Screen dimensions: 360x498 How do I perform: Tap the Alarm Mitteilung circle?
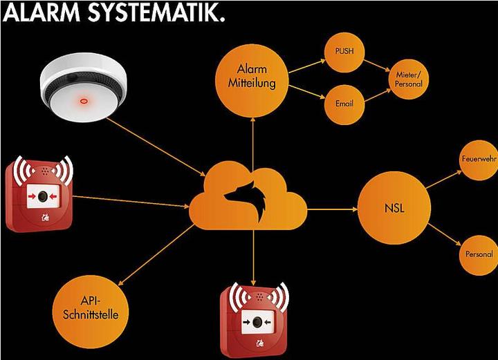pos(252,77)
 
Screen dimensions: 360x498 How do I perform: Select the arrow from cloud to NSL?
pos(332,208)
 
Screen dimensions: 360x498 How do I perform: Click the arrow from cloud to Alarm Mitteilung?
pos(252,142)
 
